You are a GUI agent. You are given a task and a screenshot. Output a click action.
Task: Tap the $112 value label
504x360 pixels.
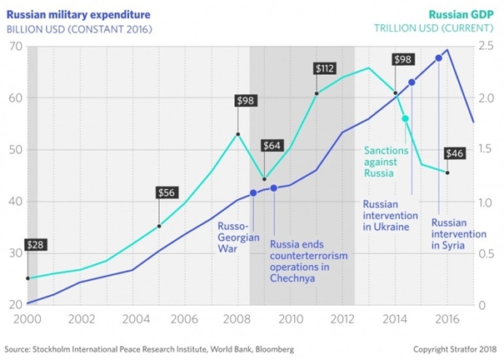coord(324,67)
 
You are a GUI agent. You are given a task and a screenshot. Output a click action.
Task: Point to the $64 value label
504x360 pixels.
coord(272,145)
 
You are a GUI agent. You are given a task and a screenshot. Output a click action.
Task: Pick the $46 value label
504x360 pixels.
coord(454,153)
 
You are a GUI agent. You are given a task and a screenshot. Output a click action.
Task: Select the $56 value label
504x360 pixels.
coord(167,192)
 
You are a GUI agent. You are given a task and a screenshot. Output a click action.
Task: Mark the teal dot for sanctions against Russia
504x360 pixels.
coord(406,119)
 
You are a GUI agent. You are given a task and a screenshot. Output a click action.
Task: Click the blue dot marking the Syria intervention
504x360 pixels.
coord(439,57)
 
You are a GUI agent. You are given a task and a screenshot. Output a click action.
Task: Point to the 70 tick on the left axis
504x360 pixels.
coord(16,45)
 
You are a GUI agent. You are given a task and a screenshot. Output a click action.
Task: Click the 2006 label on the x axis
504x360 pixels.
coord(185,318)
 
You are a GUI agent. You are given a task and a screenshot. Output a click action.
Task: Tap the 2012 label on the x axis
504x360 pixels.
coord(342,318)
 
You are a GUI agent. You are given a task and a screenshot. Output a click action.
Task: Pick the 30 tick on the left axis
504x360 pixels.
coord(16,252)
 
